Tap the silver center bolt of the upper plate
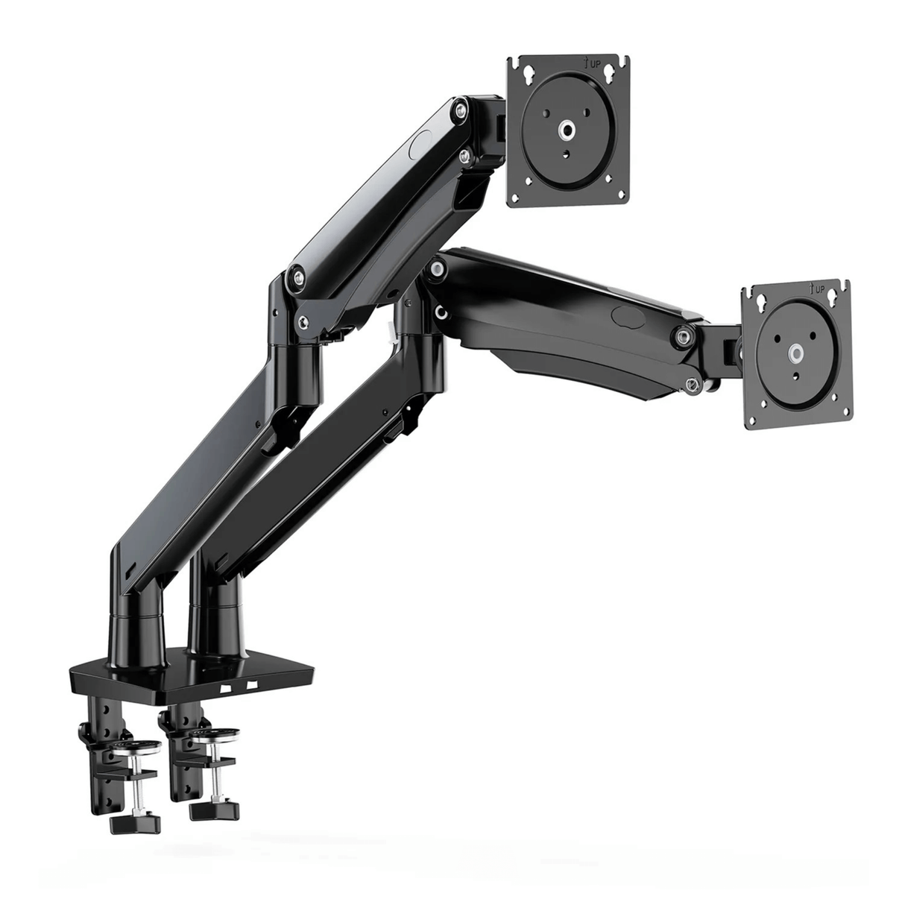(568, 129)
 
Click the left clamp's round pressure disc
(138, 747)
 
